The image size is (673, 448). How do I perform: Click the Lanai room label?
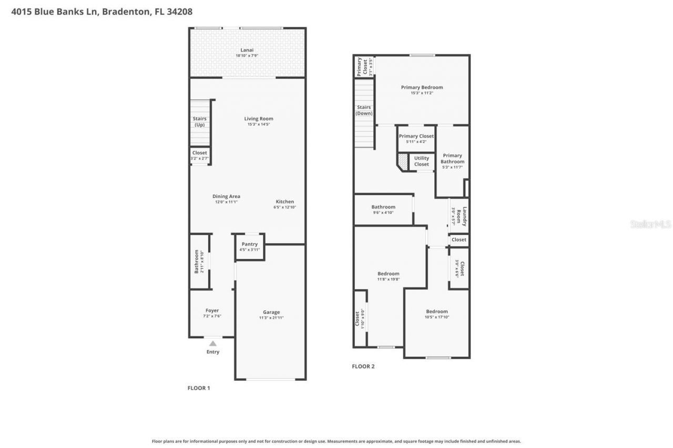point(247,50)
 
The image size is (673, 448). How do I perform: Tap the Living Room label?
point(259,119)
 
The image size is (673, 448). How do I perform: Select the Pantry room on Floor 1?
point(250,246)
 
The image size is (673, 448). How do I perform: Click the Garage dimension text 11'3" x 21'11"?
point(271,318)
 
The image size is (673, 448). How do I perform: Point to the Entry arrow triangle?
point(212,343)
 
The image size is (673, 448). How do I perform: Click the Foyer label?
point(212,310)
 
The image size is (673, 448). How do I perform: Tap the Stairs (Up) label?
point(200,122)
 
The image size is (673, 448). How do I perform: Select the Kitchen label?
point(285,202)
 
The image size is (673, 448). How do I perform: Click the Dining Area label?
point(226,196)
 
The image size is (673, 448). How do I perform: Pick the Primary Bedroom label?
point(422,87)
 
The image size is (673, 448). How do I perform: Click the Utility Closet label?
point(421,161)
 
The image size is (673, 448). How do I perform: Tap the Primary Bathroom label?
point(452,159)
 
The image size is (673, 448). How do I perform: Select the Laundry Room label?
point(461,216)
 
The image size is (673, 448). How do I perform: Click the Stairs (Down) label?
point(364,110)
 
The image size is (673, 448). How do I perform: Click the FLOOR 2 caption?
point(363,367)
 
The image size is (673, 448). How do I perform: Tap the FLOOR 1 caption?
point(199,388)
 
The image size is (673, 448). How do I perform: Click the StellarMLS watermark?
point(650,224)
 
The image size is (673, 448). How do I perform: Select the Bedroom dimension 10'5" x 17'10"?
point(437,317)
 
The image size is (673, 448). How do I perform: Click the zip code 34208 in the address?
point(180,11)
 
